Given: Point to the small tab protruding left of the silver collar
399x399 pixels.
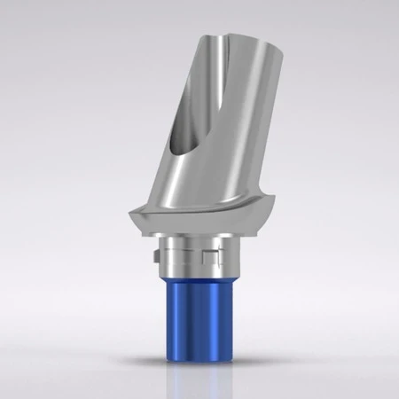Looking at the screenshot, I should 155,260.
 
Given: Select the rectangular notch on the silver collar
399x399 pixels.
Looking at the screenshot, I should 209,259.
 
